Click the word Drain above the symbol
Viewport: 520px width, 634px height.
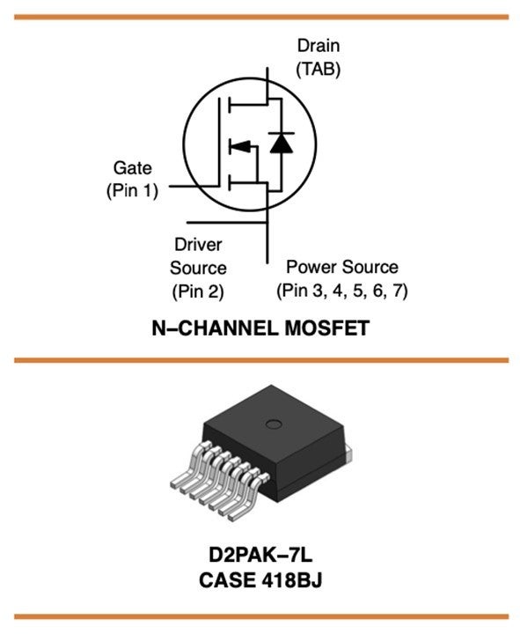pyautogui.click(x=318, y=46)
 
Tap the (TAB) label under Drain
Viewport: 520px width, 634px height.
pyautogui.click(x=318, y=68)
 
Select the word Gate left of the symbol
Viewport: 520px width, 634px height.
pyautogui.click(x=132, y=167)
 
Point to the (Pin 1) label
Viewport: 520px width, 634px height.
pyautogui.click(x=132, y=189)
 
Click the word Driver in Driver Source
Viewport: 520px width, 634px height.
pyautogui.click(x=197, y=245)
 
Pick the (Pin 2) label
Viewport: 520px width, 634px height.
pyautogui.click(x=197, y=290)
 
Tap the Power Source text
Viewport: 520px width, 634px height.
pyautogui.click(x=342, y=267)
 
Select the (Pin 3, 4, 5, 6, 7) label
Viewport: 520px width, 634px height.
pyautogui.click(x=342, y=290)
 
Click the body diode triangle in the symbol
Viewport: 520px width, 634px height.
pyautogui.click(x=281, y=144)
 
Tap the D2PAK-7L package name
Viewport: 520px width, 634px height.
pyautogui.click(x=261, y=557)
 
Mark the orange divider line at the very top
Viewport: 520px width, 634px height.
pyautogui.click(x=261, y=16)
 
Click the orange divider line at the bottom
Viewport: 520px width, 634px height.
pyautogui.click(x=261, y=616)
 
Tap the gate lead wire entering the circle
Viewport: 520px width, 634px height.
pyautogui.click(x=176, y=187)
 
